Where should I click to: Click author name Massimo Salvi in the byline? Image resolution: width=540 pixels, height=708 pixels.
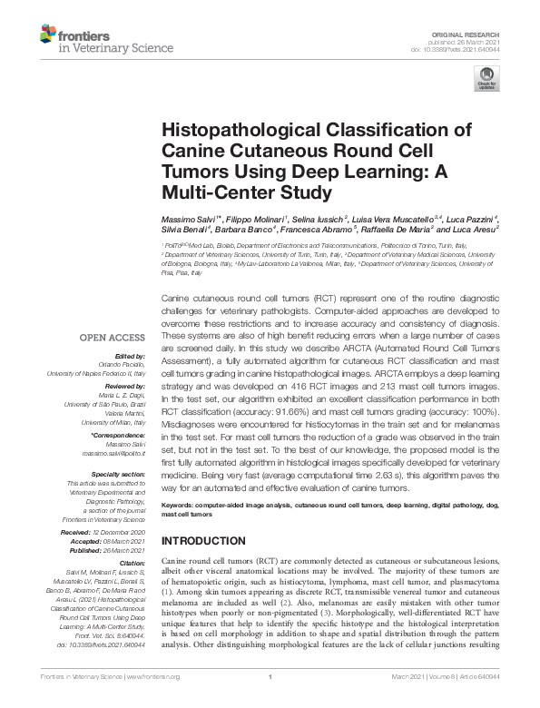click(x=186, y=223)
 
